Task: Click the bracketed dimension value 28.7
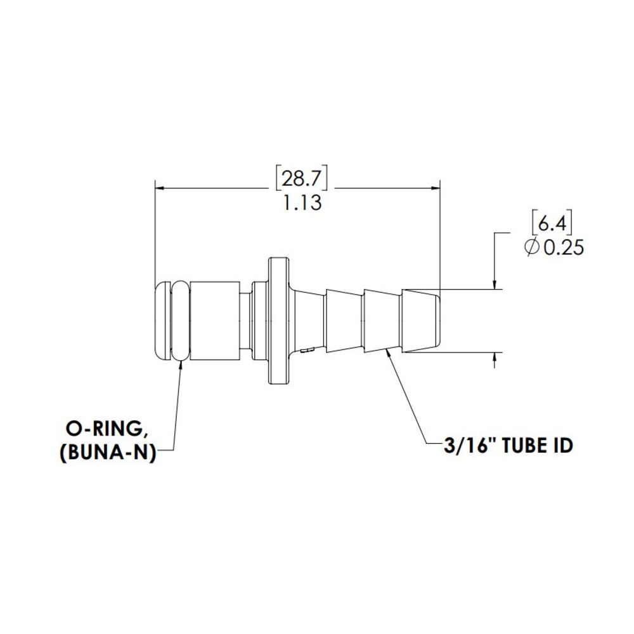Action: point(302,179)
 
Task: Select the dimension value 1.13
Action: point(302,204)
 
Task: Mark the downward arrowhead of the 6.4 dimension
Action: point(495,285)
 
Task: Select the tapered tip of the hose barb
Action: point(421,321)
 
